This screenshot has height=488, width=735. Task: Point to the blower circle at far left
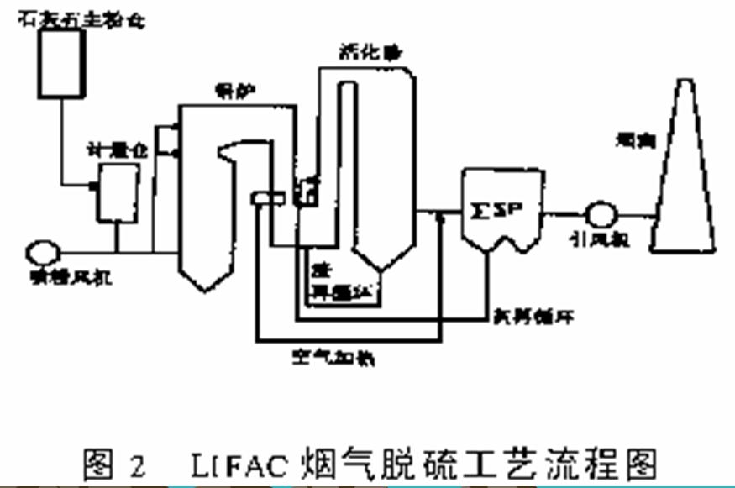[43, 249]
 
